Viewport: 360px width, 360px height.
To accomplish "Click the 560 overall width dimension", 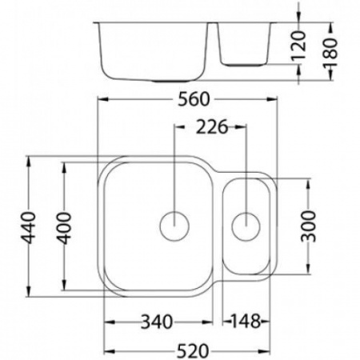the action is [194, 99].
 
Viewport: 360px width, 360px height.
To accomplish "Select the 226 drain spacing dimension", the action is [212, 127].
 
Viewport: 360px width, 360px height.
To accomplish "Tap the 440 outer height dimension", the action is [28, 227].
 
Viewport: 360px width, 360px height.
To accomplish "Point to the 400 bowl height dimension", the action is [65, 228].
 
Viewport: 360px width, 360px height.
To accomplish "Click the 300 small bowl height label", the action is [308, 226].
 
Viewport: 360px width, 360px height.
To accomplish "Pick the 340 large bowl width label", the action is [157, 322].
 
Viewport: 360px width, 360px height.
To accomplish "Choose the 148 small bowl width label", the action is [246, 322].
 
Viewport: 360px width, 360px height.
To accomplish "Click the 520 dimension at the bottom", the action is [193, 351].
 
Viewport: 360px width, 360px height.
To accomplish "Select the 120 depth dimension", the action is [298, 46].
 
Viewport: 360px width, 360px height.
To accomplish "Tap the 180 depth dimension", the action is [330, 52].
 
